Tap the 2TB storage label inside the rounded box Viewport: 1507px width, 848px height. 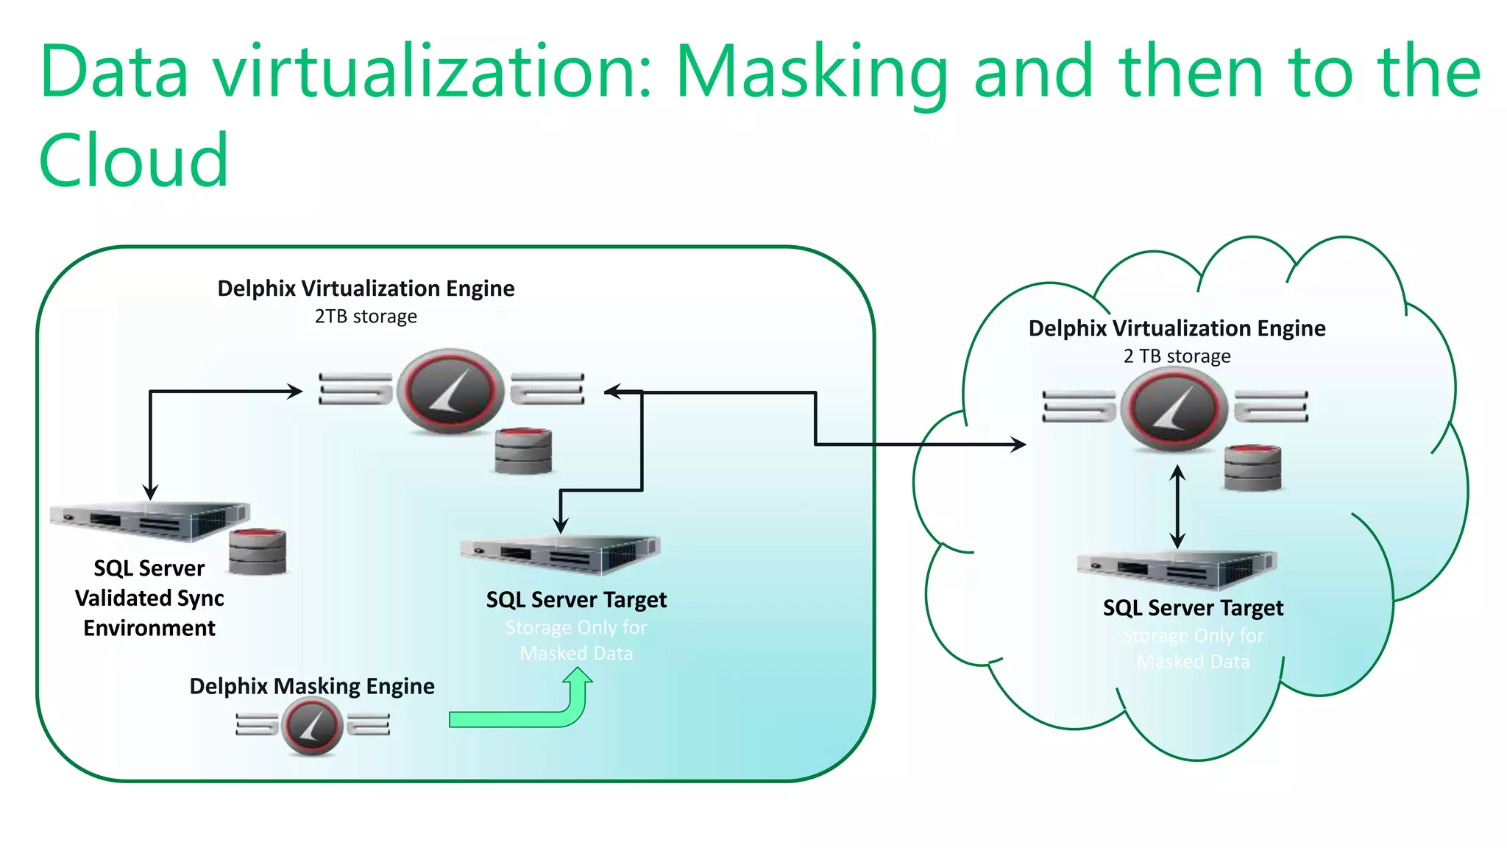[366, 317]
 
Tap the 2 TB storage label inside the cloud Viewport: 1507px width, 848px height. [1177, 356]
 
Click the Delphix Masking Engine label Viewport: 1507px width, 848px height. [312, 686]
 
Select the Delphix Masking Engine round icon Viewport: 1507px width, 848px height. [312, 727]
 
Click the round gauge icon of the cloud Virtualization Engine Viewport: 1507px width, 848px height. [1174, 409]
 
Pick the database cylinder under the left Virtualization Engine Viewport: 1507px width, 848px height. [523, 451]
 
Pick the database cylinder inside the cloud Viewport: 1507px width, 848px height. [1252, 467]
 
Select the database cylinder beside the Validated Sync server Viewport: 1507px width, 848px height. [257, 552]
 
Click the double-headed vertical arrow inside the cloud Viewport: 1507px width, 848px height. [1177, 506]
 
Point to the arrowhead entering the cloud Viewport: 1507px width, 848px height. [1019, 444]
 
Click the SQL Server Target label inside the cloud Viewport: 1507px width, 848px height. [1193, 608]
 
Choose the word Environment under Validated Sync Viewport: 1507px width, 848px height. [149, 629]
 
